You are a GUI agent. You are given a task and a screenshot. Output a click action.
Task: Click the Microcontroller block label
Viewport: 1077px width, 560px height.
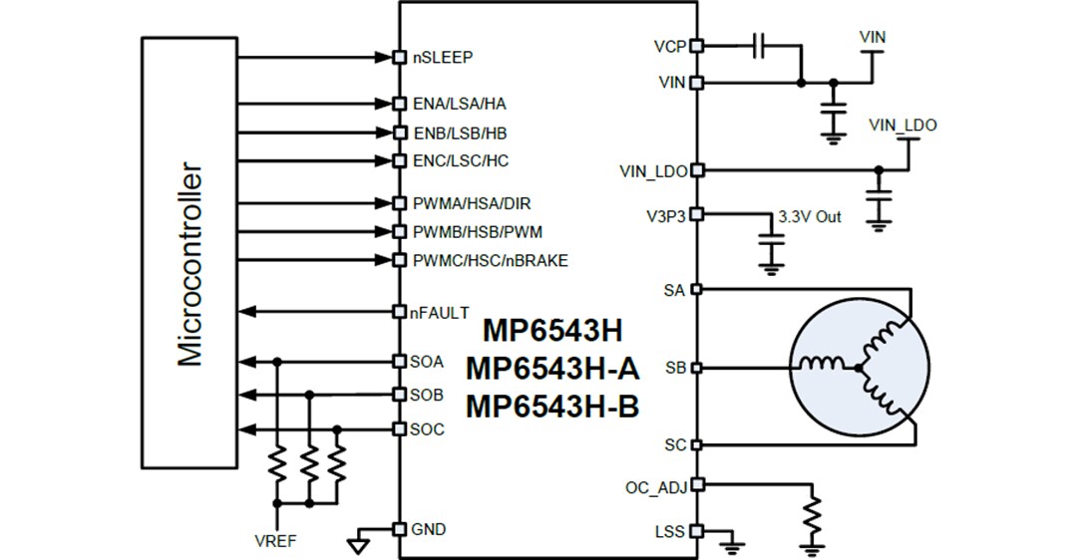pos(189,264)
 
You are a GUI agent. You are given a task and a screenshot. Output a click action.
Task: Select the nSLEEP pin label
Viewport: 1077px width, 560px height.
pos(443,57)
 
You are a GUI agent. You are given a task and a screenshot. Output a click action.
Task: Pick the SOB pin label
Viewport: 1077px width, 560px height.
pos(427,395)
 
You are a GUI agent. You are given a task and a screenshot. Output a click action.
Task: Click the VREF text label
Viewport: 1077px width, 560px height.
pos(275,542)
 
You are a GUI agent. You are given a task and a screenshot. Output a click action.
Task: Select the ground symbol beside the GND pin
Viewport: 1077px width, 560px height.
pos(356,544)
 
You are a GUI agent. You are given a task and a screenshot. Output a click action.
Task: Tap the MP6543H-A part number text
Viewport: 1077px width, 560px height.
pos(551,369)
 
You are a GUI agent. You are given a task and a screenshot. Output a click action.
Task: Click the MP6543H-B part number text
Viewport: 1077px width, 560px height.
pos(551,407)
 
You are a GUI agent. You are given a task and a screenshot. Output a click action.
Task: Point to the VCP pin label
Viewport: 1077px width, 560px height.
pos(669,46)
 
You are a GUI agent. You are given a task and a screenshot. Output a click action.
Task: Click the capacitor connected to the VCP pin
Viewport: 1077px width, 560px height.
pos(760,45)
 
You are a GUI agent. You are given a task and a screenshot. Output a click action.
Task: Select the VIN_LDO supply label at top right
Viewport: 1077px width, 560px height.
pos(902,126)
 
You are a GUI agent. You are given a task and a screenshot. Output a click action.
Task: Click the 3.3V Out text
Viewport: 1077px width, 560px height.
pos(809,216)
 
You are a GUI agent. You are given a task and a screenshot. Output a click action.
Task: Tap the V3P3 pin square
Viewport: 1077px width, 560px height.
pos(696,213)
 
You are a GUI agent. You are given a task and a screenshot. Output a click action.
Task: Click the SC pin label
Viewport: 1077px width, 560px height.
pos(674,444)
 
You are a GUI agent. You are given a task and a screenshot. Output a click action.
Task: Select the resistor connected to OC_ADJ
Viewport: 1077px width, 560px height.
pos(814,516)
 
